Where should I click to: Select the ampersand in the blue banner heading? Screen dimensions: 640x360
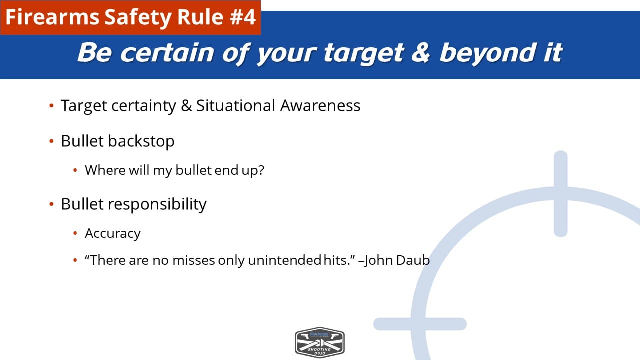(420, 53)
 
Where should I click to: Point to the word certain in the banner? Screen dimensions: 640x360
(167, 53)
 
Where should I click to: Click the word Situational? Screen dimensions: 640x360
(236, 105)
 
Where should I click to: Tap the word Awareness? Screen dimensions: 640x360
(320, 105)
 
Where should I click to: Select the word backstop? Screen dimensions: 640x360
(141, 141)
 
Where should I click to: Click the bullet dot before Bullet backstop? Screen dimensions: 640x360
(51, 141)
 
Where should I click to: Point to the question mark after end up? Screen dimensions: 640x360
(261, 170)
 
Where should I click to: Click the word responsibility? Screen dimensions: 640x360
(157, 205)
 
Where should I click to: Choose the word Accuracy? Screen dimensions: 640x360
(113, 234)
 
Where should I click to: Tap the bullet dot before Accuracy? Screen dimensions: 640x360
(75, 233)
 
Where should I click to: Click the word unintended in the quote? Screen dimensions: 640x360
(285, 260)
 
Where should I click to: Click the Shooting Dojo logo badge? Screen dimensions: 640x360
(320, 342)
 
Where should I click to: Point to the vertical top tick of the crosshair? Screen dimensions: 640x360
(560, 193)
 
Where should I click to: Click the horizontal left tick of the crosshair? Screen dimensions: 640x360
(420, 324)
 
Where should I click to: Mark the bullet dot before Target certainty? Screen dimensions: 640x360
(51, 105)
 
